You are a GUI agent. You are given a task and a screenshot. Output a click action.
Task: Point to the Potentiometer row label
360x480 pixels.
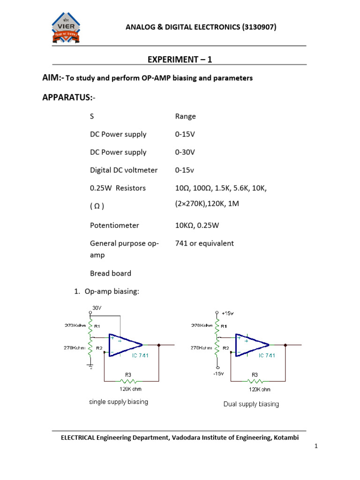114,225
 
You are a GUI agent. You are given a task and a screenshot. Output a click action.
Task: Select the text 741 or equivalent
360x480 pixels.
204,243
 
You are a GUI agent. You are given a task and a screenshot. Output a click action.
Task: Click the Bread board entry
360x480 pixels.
111,273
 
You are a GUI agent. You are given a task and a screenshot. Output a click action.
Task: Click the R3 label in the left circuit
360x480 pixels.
127,375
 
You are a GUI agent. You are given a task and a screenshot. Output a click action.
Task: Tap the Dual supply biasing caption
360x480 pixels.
251,404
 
